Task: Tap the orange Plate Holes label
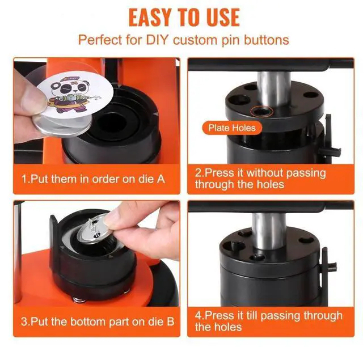(232, 128)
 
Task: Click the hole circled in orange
(262, 112)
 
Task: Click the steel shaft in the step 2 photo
(274, 89)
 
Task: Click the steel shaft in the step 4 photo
(269, 231)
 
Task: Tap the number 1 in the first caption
(24, 179)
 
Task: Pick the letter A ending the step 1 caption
(161, 179)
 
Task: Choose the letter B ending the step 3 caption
(170, 321)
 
